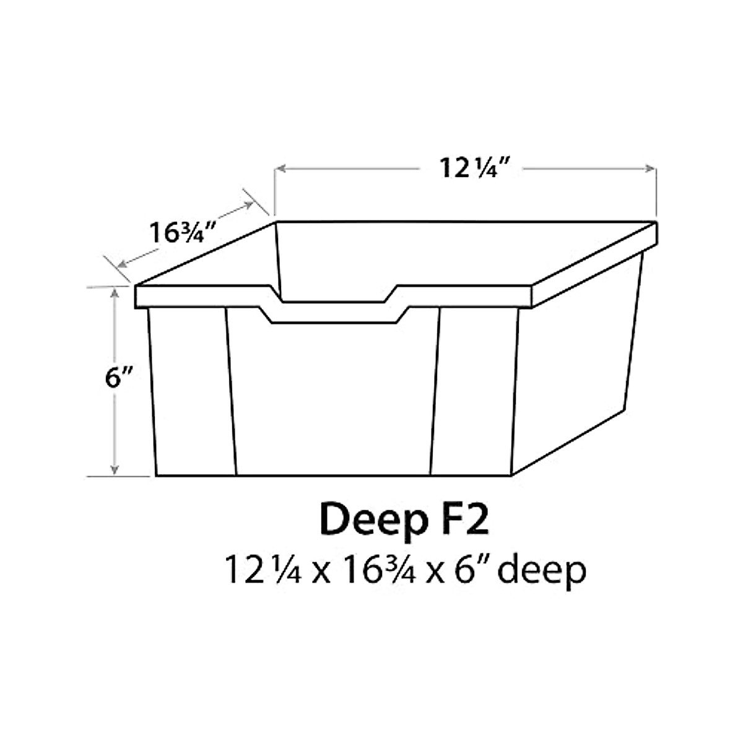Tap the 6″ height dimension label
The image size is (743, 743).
click(113, 378)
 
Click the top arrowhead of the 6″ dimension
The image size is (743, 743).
click(115, 292)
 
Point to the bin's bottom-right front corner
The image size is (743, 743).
click(511, 476)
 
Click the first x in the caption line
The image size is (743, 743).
click(320, 573)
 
